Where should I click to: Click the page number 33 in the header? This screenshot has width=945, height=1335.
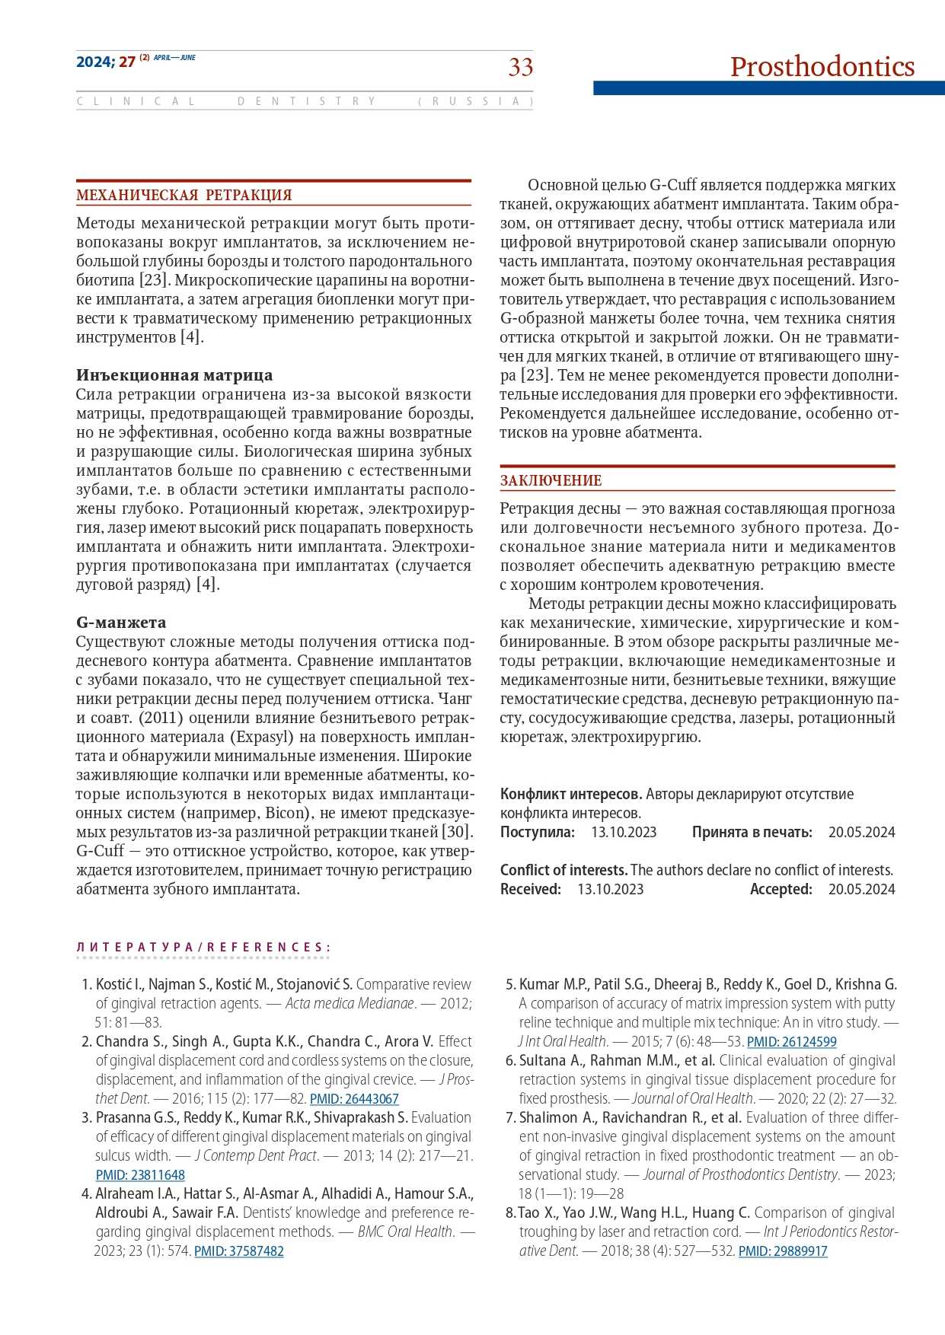[x=521, y=67]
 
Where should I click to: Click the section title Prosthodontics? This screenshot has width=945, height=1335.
[x=822, y=67]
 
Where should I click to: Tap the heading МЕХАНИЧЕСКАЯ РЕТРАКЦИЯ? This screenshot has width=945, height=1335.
[x=184, y=196]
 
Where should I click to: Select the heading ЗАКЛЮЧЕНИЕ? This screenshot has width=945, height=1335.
[x=551, y=481]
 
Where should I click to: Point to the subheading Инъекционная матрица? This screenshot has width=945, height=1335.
[x=174, y=375]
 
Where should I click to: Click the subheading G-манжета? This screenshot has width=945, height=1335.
[x=121, y=623]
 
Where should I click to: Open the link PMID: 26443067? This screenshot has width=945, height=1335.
[x=354, y=1099]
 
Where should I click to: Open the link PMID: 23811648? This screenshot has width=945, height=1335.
[x=140, y=1175]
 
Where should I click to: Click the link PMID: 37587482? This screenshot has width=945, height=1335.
[x=239, y=1251]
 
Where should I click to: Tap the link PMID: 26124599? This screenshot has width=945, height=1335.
[x=792, y=1042]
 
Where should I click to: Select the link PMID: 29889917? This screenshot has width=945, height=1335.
[x=783, y=1251]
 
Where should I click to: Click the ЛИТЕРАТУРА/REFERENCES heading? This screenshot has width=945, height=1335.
[x=203, y=948]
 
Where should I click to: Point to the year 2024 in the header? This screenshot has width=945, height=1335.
[x=94, y=62]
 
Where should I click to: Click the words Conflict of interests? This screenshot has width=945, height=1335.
[x=563, y=870]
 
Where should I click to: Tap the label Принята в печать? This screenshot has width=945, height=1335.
[x=752, y=832]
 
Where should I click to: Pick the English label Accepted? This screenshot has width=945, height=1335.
[x=781, y=889]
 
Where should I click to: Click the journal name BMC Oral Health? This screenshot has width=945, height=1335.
[x=406, y=1231]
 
